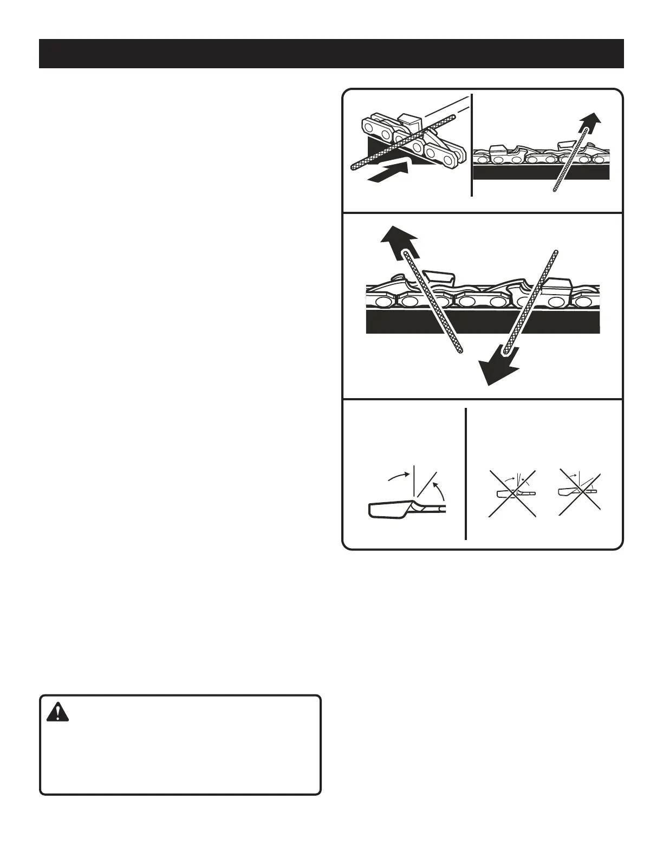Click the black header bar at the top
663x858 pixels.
click(x=331, y=54)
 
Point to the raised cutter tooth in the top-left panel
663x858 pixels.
click(x=412, y=121)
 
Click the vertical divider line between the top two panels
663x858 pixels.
click(x=472, y=145)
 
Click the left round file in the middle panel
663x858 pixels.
click(x=433, y=303)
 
